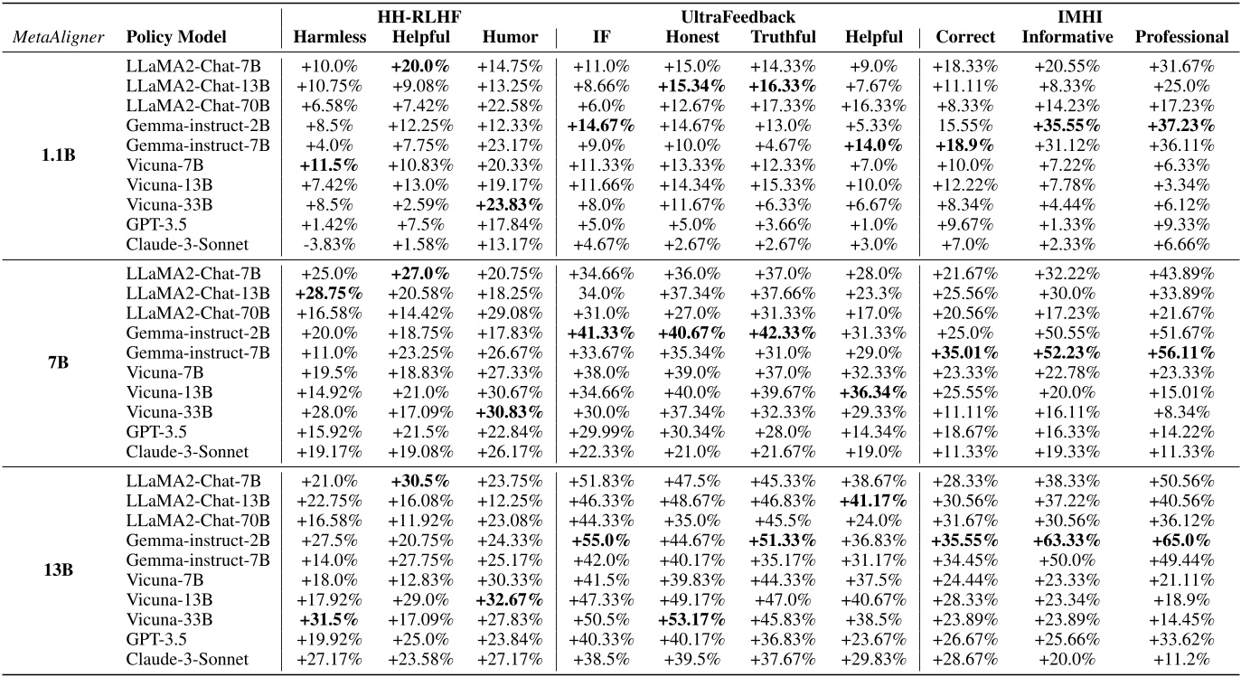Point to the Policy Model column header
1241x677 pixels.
pyautogui.click(x=175, y=37)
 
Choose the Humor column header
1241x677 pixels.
pyautogui.click(x=510, y=37)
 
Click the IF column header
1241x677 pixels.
pyautogui.click(x=600, y=37)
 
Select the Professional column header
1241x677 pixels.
pyautogui.click(x=1181, y=37)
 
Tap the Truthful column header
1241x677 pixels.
pyautogui.click(x=783, y=37)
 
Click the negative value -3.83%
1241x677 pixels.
pyautogui.click(x=329, y=243)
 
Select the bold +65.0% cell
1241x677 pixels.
pyautogui.click(x=1181, y=541)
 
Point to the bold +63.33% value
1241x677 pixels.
pyautogui.click(x=1068, y=541)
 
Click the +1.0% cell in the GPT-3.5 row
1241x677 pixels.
pyautogui.click(x=874, y=223)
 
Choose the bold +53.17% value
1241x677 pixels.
pyautogui.click(x=692, y=620)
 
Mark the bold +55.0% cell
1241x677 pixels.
pyautogui.click(x=601, y=541)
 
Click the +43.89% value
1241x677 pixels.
pyautogui.click(x=1181, y=273)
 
